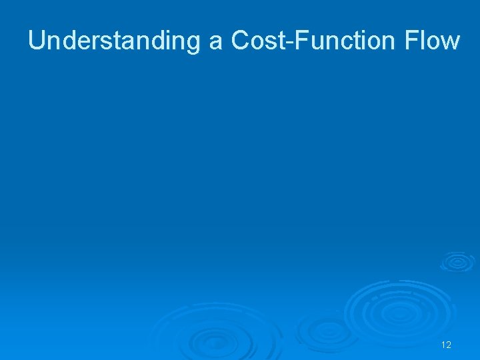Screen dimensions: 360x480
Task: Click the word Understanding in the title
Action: tap(113, 41)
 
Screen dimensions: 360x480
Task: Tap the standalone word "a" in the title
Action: tap(215, 42)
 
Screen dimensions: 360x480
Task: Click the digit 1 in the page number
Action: tap(443, 345)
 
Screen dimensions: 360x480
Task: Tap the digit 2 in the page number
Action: tap(449, 345)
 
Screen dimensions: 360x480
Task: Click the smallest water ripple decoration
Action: tap(457, 261)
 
